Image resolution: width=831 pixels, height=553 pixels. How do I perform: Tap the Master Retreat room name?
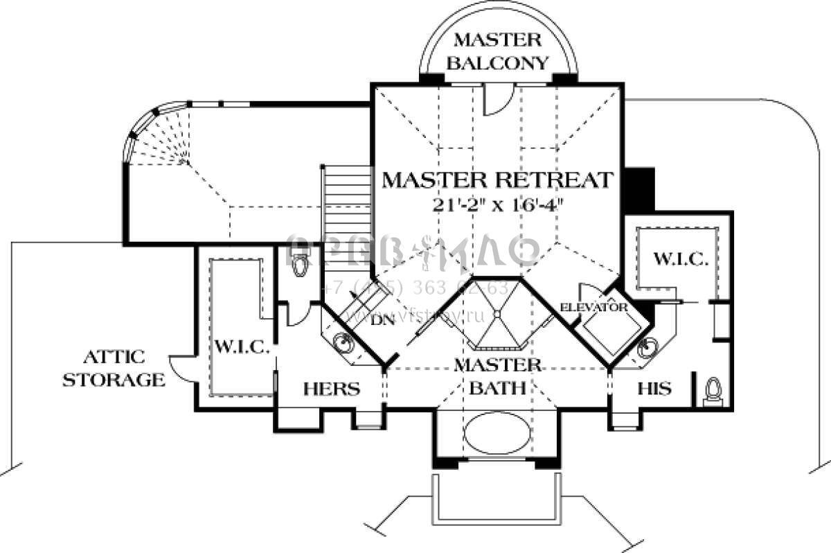pyautogui.click(x=497, y=180)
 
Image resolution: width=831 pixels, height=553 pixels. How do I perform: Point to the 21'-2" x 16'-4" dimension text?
pyautogui.click(x=497, y=204)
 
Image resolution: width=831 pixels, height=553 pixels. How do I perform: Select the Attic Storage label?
pyautogui.click(x=114, y=369)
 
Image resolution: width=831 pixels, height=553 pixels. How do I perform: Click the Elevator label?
pyautogui.click(x=593, y=307)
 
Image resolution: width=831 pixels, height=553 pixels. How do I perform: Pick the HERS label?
pyautogui.click(x=331, y=389)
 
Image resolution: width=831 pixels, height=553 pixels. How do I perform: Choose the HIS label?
pyautogui.click(x=654, y=389)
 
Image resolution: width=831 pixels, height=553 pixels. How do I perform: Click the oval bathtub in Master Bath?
pyautogui.click(x=497, y=434)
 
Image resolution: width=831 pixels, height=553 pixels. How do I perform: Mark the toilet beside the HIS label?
pyautogui.click(x=713, y=391)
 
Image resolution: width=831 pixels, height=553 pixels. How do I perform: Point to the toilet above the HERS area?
pyautogui.click(x=300, y=263)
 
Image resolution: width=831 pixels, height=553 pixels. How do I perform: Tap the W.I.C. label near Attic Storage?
pyautogui.click(x=240, y=346)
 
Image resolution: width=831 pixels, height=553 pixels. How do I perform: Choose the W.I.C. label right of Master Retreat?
pyautogui.click(x=680, y=260)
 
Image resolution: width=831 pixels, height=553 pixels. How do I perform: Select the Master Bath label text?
pyautogui.click(x=497, y=376)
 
